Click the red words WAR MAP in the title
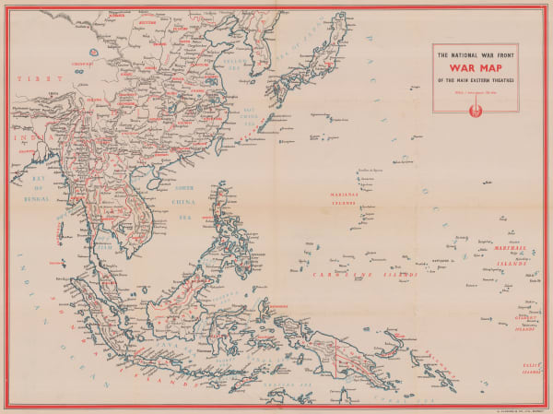pos(475,66)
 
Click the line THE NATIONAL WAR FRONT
pos(475,53)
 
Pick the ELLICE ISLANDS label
pos(525,368)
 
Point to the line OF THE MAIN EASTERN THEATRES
pos(475,79)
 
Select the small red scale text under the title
pos(475,90)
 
